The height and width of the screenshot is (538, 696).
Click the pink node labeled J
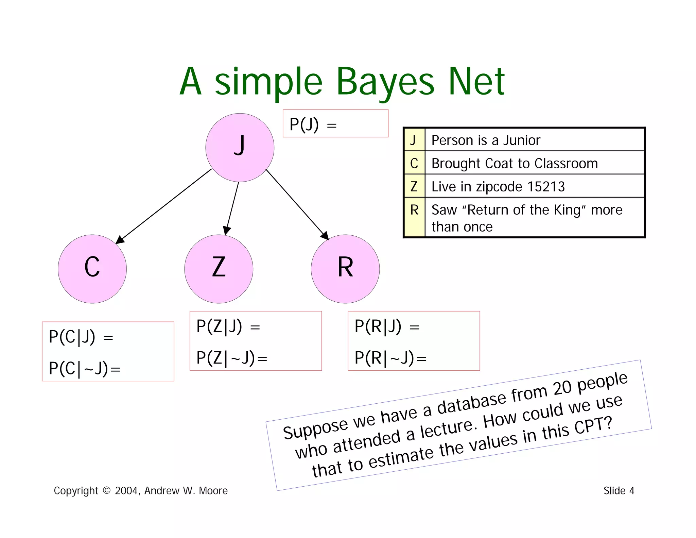pos(240,148)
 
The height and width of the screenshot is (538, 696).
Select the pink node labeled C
pos(92,269)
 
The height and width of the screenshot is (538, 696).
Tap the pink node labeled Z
pos(219,269)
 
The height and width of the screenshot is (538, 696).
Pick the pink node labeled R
pos(345,269)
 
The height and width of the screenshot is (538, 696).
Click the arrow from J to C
pos(164,206)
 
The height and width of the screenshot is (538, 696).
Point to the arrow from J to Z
pos(232,208)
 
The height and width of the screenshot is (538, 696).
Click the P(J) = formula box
pos(335,123)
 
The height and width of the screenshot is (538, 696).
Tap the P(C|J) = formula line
pos(81,337)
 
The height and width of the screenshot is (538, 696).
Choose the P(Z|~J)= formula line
pos(232,358)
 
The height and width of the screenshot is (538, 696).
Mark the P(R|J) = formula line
pos(387,326)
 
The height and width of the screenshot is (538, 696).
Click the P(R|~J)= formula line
pos(390,358)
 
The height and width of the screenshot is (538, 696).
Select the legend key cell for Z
pos(414,186)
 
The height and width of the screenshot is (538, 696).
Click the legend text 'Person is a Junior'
pos(486,140)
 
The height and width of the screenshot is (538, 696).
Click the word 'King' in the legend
pos(569,210)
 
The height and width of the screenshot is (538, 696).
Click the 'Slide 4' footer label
pos(619,490)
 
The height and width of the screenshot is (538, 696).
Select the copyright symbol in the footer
pos(106,490)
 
